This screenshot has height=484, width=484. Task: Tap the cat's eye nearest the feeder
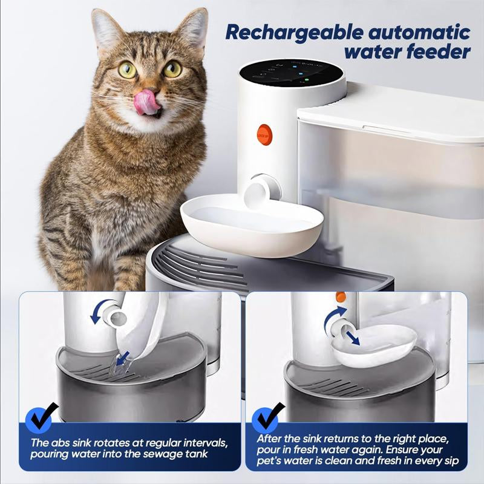172,69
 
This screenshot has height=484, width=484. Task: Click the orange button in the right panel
341,297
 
